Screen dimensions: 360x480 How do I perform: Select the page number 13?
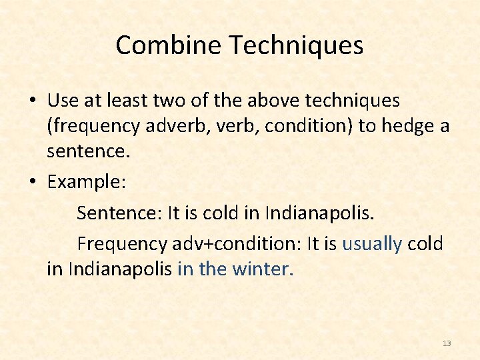coord(447,343)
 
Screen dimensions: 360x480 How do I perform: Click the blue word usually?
coord(372,244)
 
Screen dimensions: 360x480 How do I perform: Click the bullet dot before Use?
coord(32,101)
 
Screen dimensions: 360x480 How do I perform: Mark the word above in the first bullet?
coord(273,101)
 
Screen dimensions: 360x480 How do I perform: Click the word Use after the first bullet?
coord(63,101)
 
